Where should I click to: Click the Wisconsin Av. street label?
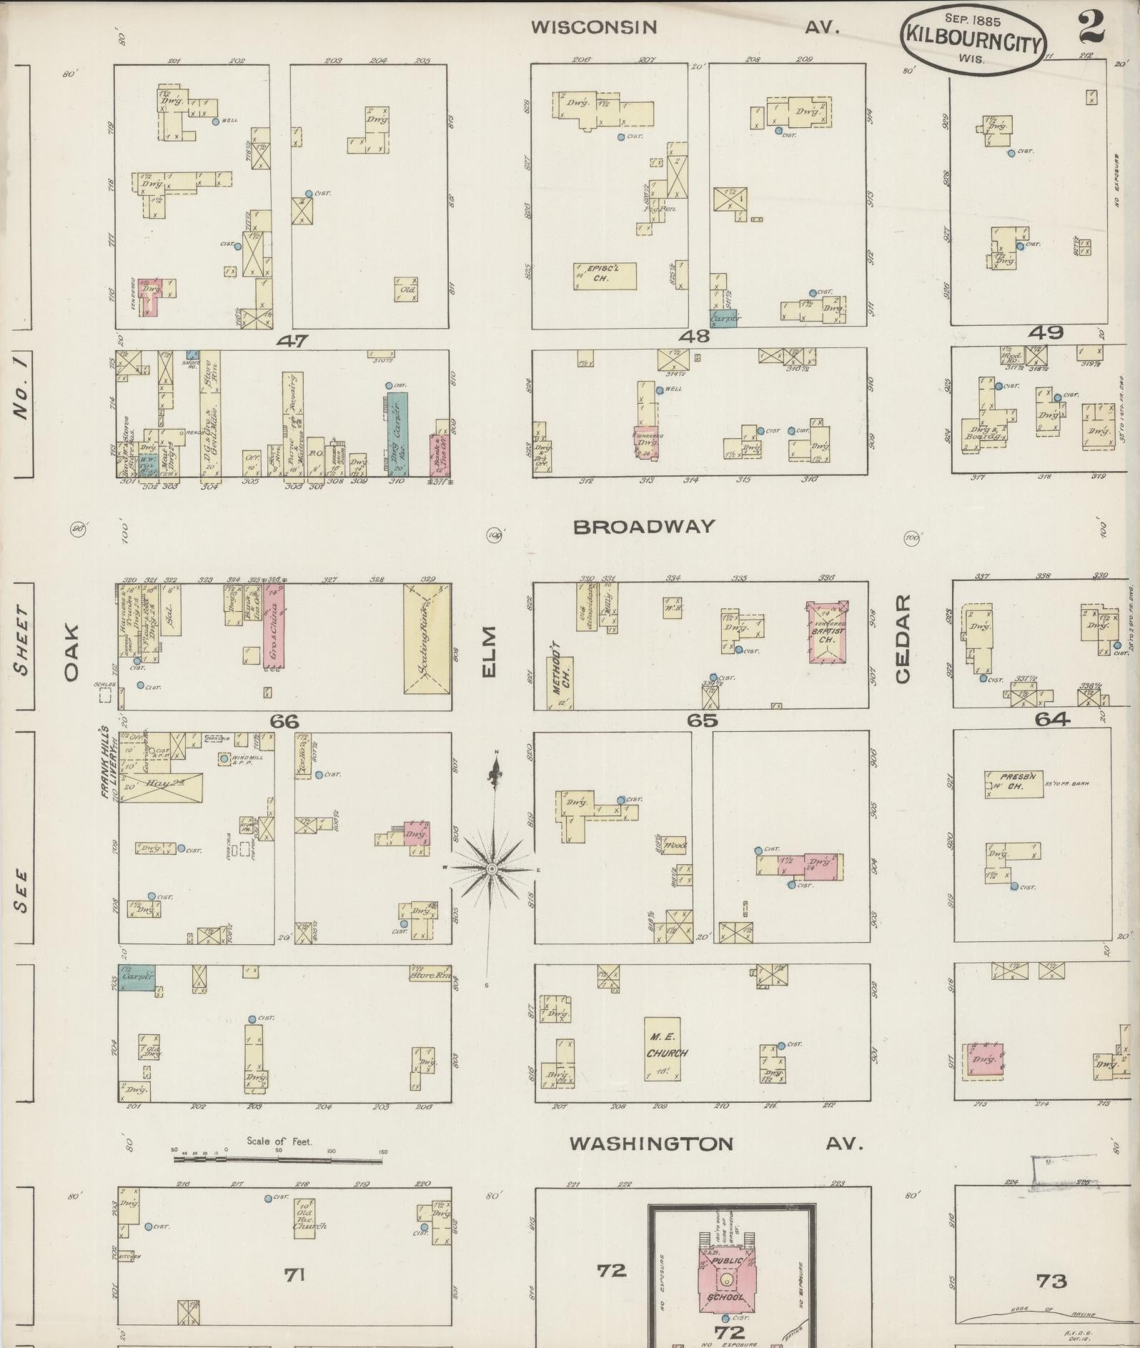point(684,28)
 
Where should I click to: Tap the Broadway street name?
point(643,527)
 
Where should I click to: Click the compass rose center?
point(492,868)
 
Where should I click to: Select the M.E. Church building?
point(663,1048)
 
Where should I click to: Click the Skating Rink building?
point(427,638)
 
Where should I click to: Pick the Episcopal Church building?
point(605,276)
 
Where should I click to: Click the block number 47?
point(294,341)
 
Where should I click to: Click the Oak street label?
point(71,654)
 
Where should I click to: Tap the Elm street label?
point(489,651)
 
